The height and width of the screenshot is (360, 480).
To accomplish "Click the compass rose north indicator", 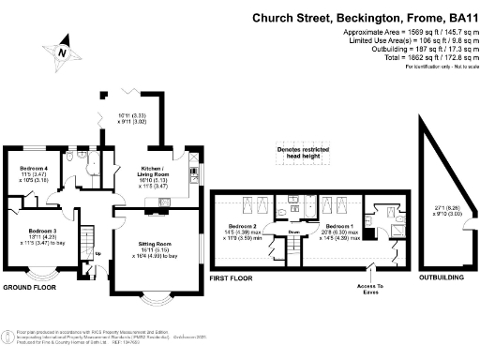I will (x=63, y=52).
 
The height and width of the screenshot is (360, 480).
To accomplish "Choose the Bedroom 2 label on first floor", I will (x=242, y=227).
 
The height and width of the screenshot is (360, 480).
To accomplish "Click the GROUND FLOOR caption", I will (x=32, y=286).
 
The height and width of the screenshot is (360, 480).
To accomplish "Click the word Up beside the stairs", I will (x=97, y=253).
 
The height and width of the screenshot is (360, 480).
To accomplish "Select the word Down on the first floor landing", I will (x=292, y=232).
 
